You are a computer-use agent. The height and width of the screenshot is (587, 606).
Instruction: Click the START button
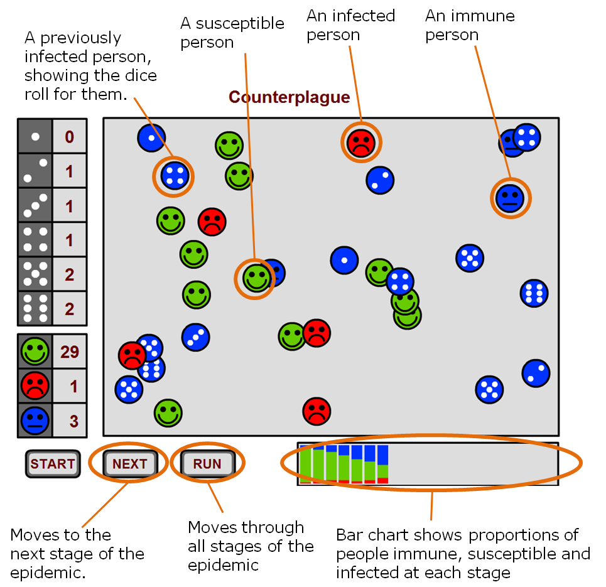53,464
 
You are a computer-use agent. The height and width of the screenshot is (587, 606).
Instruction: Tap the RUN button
207,464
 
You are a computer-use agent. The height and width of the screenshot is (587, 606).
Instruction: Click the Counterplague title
289,97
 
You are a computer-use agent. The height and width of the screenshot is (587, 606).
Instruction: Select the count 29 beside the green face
70,352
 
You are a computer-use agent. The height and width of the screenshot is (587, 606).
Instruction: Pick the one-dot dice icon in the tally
35,136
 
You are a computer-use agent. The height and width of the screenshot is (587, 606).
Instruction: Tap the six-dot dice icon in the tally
35,308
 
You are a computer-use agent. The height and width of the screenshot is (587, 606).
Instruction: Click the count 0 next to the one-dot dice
70,136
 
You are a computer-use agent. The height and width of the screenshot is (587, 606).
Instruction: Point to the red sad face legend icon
35,386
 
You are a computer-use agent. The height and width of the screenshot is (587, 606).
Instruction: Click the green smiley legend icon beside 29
35,352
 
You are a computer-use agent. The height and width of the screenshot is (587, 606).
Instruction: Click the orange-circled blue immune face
509,198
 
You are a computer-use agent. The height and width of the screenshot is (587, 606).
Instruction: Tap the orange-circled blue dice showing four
174,175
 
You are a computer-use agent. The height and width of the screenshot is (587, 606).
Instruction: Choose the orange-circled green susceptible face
256,277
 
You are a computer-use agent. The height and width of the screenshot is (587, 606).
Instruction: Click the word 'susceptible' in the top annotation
240,24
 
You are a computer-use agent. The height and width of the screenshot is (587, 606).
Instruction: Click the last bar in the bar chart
382,464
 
